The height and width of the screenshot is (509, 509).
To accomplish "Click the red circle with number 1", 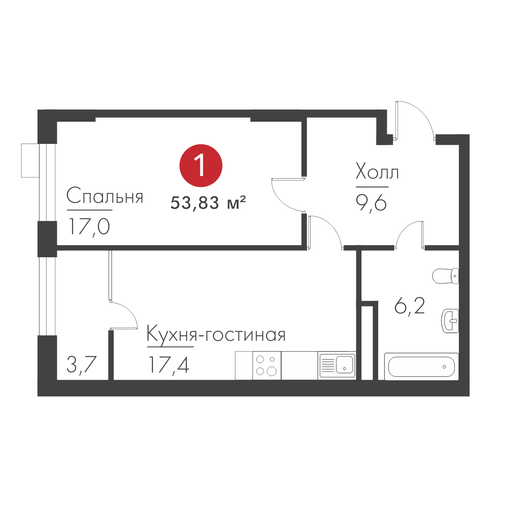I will click(x=201, y=165).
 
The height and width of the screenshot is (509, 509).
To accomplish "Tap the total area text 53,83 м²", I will click(x=208, y=203).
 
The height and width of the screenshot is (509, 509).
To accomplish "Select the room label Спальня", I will click(x=105, y=196).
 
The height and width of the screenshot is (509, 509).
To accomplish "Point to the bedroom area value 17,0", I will click(x=89, y=227).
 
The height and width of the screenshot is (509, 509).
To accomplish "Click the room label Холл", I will click(x=377, y=172).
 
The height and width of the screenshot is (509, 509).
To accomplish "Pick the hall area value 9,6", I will click(x=371, y=203).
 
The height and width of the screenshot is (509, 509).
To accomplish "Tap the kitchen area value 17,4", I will click(x=169, y=365).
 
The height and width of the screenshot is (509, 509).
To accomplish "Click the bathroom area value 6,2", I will click(x=410, y=306).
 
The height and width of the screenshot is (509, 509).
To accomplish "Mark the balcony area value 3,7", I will click(x=82, y=364).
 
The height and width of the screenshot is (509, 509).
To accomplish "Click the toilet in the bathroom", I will click(x=445, y=276).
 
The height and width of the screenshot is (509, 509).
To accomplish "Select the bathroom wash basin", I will click(x=450, y=321).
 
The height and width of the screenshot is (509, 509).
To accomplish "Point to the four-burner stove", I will click(x=266, y=365).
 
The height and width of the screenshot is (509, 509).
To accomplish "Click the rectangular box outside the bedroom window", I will click(x=30, y=160).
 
